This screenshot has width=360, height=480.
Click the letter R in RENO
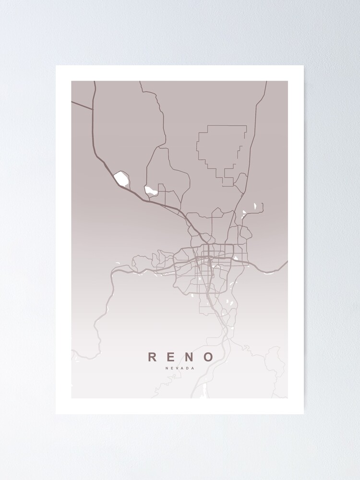coord(152,357)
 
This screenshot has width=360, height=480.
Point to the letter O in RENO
coord(208,357)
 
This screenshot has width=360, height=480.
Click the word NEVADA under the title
coord(180,369)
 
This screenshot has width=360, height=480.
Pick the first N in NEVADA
coord(166,369)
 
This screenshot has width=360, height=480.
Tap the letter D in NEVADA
coord(188,369)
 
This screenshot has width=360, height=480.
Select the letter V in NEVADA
coord(177,369)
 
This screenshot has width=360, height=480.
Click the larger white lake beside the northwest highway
coord(121,179)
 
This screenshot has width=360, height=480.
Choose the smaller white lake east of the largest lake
coord(151,191)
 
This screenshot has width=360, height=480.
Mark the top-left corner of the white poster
coord(56,65)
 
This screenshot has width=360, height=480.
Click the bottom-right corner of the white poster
coord(304,414)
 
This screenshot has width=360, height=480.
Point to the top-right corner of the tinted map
coord(288,81)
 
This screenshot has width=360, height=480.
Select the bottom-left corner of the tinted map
coord(72,398)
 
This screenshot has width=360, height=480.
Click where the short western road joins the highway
coord(93,110)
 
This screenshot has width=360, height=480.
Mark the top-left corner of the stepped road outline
coord(207,126)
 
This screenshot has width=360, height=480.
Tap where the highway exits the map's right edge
coord(288,262)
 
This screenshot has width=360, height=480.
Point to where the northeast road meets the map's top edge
coord(266,81)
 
